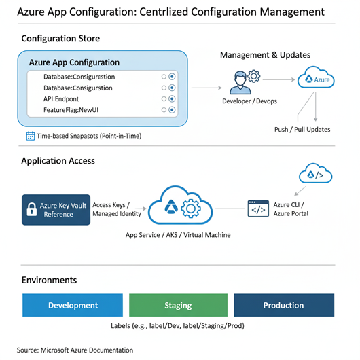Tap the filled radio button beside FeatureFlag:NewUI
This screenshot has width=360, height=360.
pos(172,109)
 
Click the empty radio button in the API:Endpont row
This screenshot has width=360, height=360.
pos(164,98)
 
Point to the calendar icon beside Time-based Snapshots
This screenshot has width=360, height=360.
pos(30,136)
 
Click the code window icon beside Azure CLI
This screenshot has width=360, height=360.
pos(258,209)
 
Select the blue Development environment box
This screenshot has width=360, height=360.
pos(73,306)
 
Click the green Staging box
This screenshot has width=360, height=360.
pos(178,306)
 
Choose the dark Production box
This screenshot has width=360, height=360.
pos(284,306)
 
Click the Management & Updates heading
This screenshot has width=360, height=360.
pos(265,54)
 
